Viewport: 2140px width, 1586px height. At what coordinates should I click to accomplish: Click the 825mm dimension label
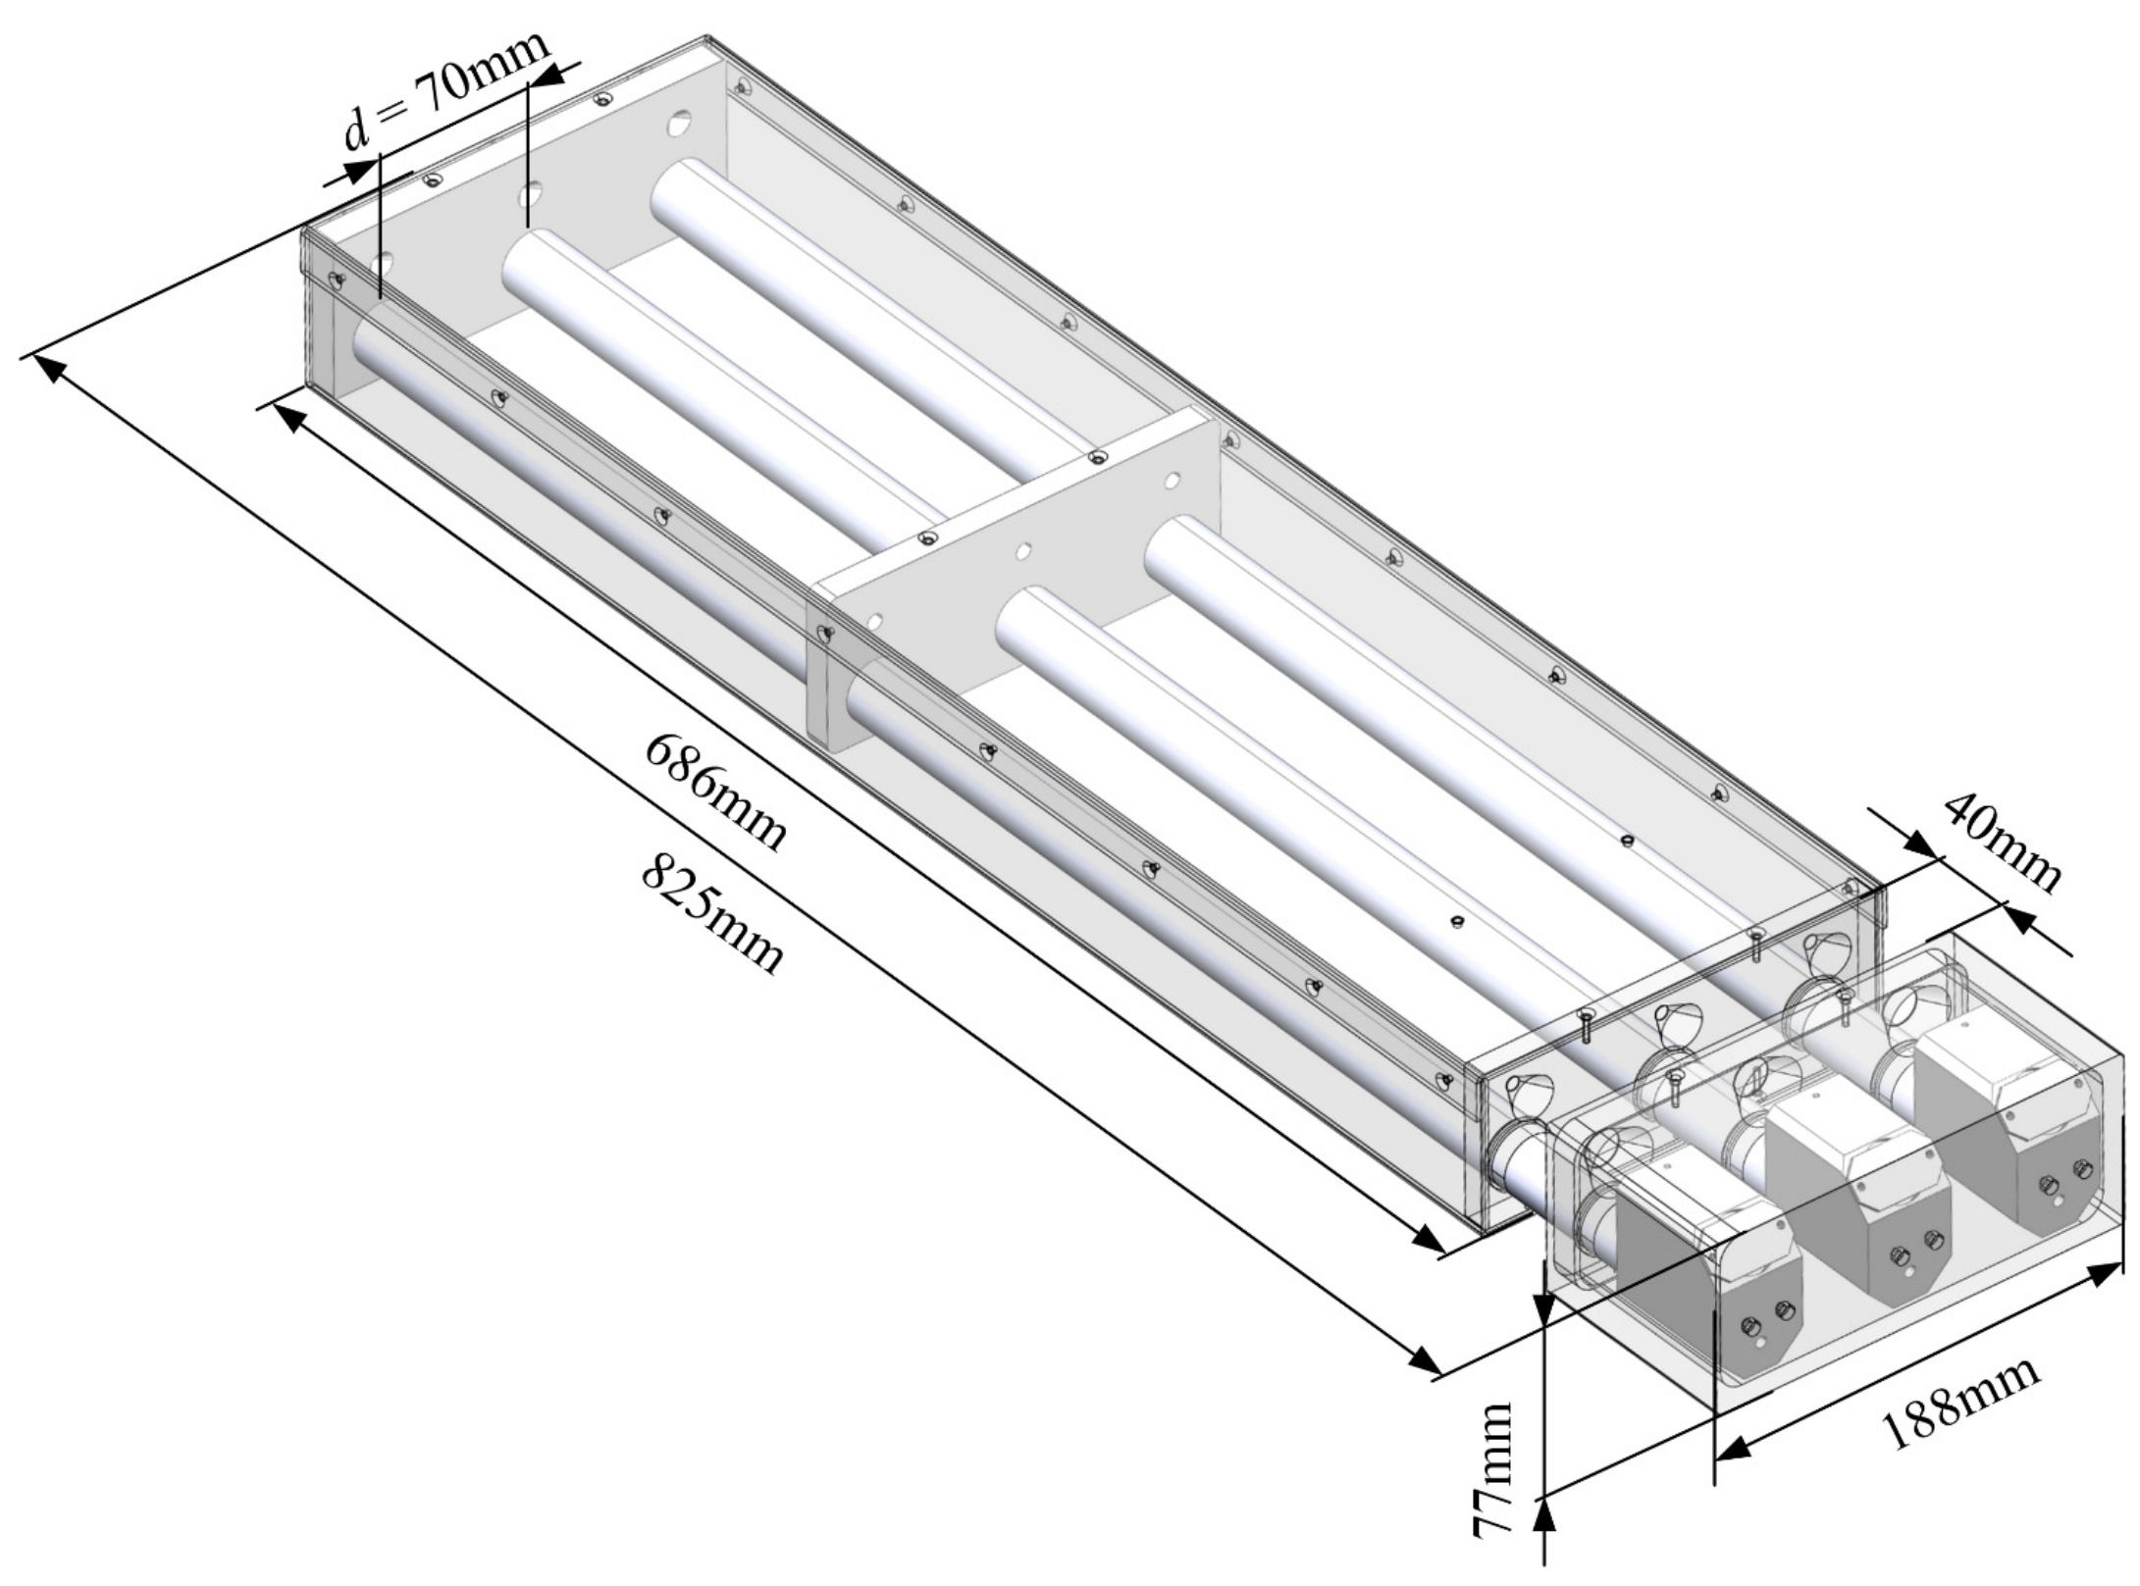(712, 913)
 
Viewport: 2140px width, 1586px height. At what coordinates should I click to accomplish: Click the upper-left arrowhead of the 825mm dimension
(49, 369)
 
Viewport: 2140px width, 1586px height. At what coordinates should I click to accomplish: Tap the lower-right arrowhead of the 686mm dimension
(1429, 1240)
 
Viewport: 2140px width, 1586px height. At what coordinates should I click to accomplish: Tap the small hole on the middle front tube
(1456, 921)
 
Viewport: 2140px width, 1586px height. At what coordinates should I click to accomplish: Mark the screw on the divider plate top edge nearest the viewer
(927, 537)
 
